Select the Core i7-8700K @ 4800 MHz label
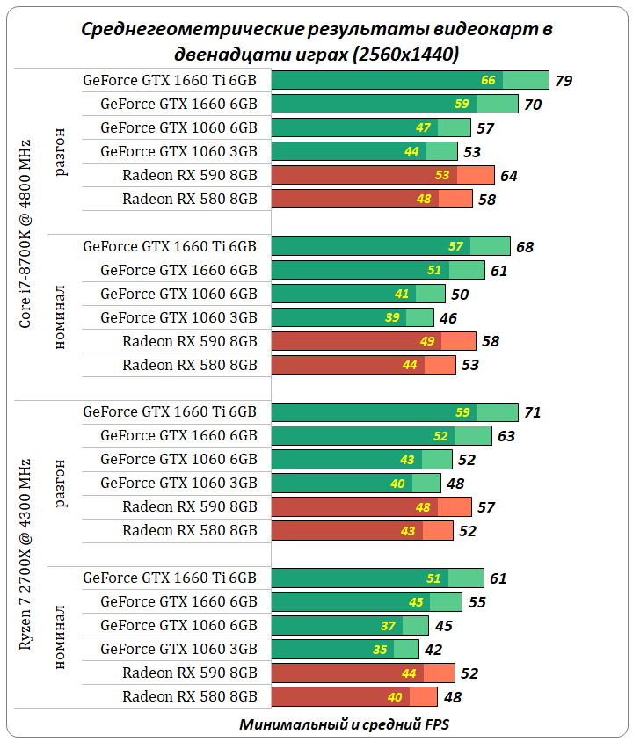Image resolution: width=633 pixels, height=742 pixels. point(25,233)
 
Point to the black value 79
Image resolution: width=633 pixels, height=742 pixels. point(564,81)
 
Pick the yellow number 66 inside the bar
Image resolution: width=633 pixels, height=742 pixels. point(489,81)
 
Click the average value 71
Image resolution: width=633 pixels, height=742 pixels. point(532,412)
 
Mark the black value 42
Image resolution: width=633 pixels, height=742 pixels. point(433,651)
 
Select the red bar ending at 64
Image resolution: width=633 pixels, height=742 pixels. point(382,175)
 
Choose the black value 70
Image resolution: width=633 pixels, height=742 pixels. point(532,105)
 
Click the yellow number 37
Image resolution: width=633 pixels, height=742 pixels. point(389,626)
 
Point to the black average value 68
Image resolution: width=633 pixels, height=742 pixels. point(525,247)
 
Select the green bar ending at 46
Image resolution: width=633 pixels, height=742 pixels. point(353,317)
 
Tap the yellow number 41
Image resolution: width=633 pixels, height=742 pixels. point(402,295)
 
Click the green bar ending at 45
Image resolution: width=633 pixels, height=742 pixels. point(350,626)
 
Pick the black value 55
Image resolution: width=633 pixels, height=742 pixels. point(477,602)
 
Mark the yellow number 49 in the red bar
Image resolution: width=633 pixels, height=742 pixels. point(427,341)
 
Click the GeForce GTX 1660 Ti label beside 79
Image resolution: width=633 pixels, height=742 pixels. point(170,80)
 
